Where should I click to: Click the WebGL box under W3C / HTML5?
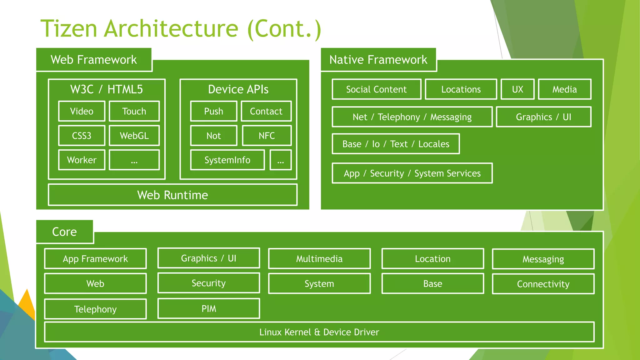[134, 136]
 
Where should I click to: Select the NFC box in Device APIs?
[267, 136]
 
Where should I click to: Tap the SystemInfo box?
[227, 160]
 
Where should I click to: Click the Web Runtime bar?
[172, 195]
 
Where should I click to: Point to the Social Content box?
[376, 89]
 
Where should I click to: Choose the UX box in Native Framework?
[517, 89]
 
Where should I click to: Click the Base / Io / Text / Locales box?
[396, 144]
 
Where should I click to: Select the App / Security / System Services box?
[412, 173]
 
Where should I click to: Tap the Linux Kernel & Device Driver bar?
[319, 332]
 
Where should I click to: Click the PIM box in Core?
[209, 309]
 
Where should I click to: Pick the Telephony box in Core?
[95, 309]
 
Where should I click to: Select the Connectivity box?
[543, 284]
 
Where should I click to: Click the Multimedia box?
[319, 259]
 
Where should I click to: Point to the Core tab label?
[64, 232]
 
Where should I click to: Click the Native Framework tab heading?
[378, 60]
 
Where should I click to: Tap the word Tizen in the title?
[69, 29]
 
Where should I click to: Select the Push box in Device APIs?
[213, 111]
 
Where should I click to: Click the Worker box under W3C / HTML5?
[82, 160]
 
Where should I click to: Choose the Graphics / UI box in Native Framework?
[543, 117]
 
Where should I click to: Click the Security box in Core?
[208, 283]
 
